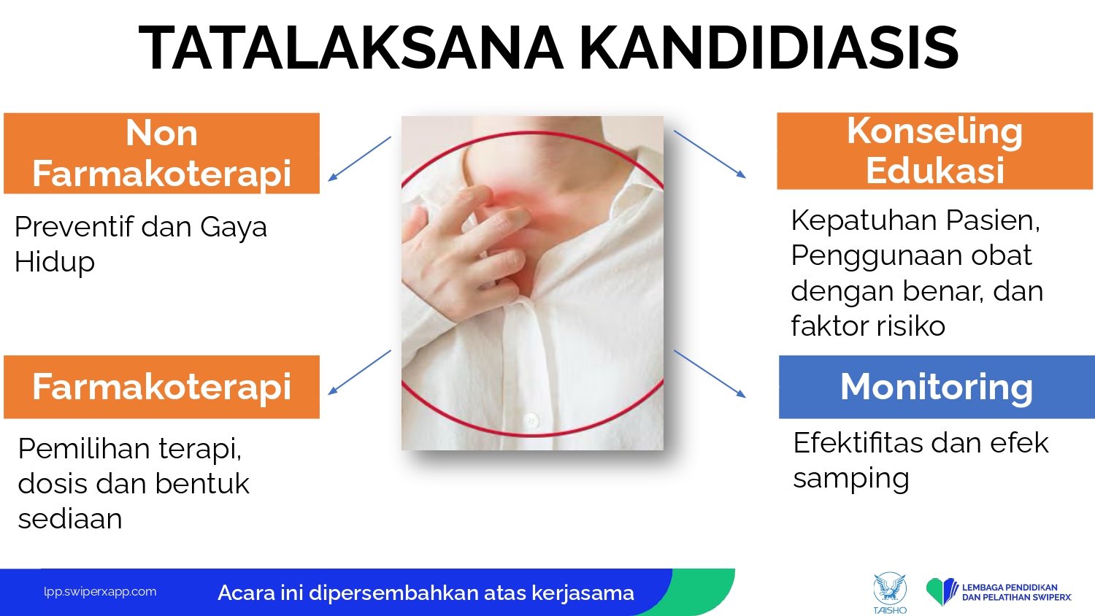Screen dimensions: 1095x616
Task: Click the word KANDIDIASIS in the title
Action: pyautogui.click(x=769, y=48)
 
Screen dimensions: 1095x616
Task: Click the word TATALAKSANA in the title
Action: pyautogui.click(x=351, y=48)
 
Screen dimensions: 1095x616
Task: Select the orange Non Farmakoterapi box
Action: pyautogui.click(x=161, y=153)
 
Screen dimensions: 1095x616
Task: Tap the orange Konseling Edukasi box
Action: pyautogui.click(x=934, y=151)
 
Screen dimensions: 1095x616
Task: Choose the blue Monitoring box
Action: pyautogui.click(x=937, y=387)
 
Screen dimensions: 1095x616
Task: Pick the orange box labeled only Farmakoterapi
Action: pyautogui.click(x=161, y=387)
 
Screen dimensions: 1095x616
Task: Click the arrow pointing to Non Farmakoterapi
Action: pyautogui.click(x=359, y=159)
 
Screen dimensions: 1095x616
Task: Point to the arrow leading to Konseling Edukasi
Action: pyautogui.click(x=710, y=154)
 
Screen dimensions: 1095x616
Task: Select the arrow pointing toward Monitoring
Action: pyautogui.click(x=710, y=374)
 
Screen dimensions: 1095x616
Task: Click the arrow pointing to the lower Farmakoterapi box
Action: pyautogui.click(x=359, y=372)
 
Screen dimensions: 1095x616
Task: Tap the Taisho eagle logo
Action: pyautogui.click(x=890, y=593)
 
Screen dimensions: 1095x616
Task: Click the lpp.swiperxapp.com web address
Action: pyautogui.click(x=100, y=592)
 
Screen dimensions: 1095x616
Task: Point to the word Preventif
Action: pyautogui.click(x=74, y=226)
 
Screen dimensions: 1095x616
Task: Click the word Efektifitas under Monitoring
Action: pyautogui.click(x=858, y=443)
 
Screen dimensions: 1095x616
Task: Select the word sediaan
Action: pyautogui.click(x=70, y=518)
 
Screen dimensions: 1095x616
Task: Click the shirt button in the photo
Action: pyautogui.click(x=531, y=420)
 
